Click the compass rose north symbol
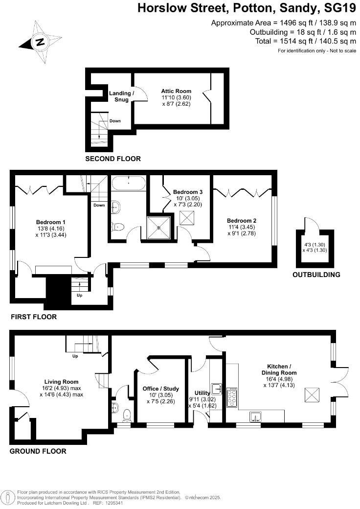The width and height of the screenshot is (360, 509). (x=39, y=42)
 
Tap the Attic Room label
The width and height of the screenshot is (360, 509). (x=176, y=91)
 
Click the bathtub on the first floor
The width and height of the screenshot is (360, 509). (x=128, y=184)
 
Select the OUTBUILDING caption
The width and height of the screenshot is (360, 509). (x=316, y=275)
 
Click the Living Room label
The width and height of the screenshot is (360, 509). (x=61, y=382)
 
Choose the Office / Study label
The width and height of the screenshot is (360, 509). (x=160, y=389)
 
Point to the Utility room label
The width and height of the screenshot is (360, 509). (x=202, y=393)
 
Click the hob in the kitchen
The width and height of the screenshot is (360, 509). (x=232, y=397)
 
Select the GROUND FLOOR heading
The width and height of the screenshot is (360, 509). (x=38, y=451)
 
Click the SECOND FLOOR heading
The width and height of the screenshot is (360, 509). (x=113, y=159)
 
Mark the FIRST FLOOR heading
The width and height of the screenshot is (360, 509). (x=34, y=317)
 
